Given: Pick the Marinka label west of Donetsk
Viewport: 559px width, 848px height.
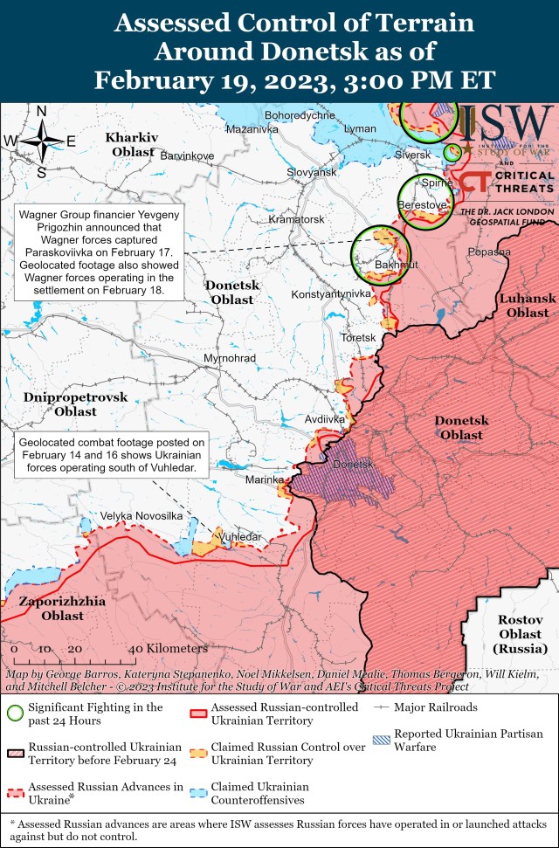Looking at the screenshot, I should tap(265, 479).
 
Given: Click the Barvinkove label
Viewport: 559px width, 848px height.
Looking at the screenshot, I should tap(187, 155).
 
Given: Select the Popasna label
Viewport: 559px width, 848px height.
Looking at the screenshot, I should tap(488, 252).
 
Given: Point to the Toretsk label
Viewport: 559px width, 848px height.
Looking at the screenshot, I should tap(357, 337).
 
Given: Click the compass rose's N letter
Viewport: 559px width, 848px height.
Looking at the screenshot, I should tap(41, 111).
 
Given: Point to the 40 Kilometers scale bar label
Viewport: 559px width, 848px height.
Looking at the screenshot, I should tap(168, 649).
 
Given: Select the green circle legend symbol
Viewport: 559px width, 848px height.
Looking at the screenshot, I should tap(14, 713).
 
